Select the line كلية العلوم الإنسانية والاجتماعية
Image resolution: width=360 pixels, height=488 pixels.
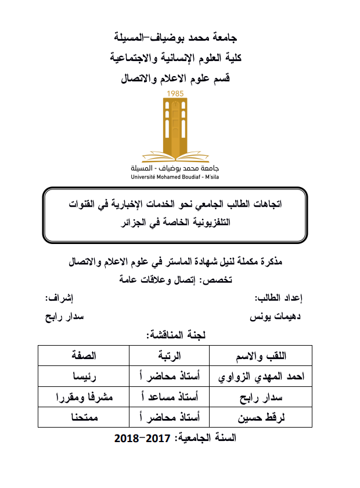pos(179,58)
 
